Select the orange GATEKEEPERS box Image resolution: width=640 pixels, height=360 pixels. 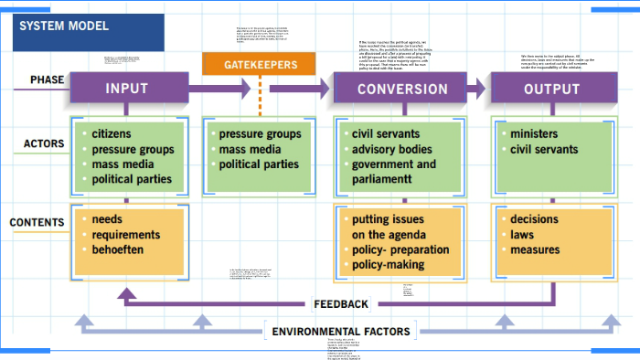click(x=261, y=65)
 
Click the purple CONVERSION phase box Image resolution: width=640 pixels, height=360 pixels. click(x=402, y=89)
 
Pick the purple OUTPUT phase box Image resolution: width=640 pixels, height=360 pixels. click(x=551, y=89)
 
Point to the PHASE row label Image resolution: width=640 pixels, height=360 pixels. click(x=47, y=80)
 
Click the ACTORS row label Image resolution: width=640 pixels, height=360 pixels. click(x=44, y=144)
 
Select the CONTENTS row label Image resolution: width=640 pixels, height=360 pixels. click(x=37, y=222)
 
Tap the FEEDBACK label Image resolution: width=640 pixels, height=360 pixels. click(x=340, y=304)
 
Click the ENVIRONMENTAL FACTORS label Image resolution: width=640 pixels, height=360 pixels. click(x=341, y=331)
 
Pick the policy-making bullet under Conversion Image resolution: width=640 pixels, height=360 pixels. click(x=388, y=264)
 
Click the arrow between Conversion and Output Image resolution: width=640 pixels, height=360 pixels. click(x=476, y=89)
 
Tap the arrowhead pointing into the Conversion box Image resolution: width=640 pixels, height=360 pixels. click(x=325, y=89)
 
